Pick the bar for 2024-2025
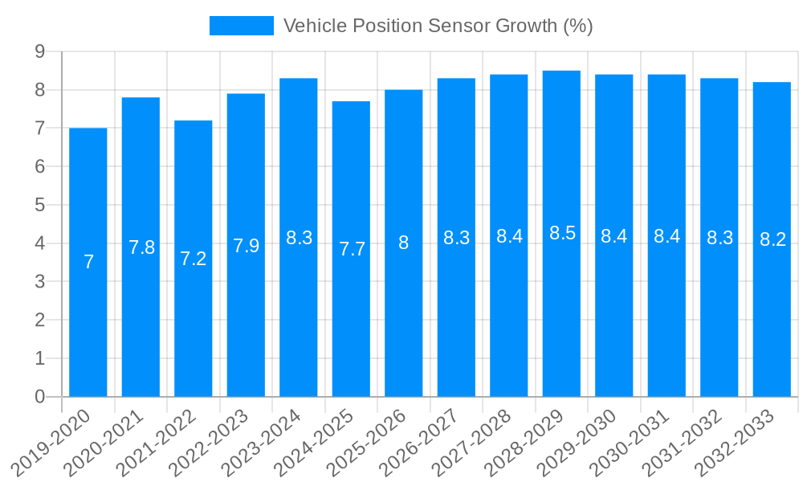click(x=351, y=321)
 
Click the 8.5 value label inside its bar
click(x=562, y=233)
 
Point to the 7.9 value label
click(x=246, y=246)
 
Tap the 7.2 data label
click(x=194, y=259)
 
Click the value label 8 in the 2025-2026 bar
click(x=404, y=243)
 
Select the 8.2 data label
click(x=772, y=239)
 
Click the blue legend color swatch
click(x=241, y=26)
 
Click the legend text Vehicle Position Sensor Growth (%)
click(x=438, y=26)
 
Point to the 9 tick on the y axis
click(x=39, y=51)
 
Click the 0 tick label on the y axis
click(x=39, y=397)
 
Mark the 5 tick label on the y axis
click(x=39, y=205)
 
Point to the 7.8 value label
click(x=141, y=247)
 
